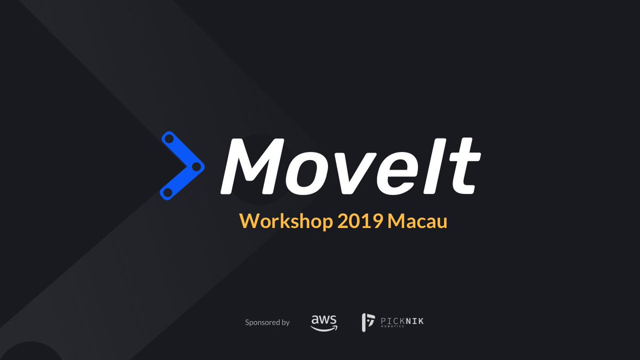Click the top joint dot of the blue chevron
pyautogui.click(x=170, y=140)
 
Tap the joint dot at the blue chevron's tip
pyautogui.click(x=195, y=167)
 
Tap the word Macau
pyautogui.click(x=418, y=220)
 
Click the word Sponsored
pyautogui.click(x=262, y=322)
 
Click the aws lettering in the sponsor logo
pyautogui.click(x=324, y=319)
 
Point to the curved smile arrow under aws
pyautogui.click(x=324, y=328)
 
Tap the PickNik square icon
pyautogui.click(x=369, y=322)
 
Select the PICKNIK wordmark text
pyautogui.click(x=402, y=321)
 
